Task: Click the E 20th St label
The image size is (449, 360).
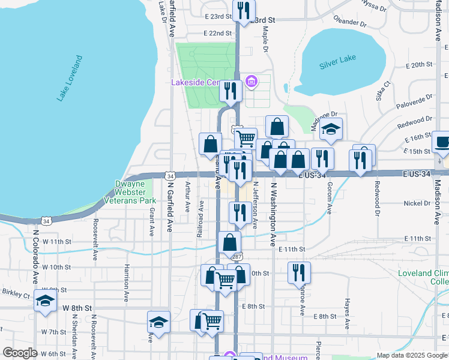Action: tap(419, 64)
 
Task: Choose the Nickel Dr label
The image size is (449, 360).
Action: tap(417, 203)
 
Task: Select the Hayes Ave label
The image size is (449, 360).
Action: tap(347, 314)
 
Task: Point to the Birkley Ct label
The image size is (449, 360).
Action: tap(16, 295)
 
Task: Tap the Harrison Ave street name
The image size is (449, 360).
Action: tap(127, 283)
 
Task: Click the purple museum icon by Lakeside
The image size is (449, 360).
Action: tap(252, 82)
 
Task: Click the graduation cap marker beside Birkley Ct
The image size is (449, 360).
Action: tap(44, 301)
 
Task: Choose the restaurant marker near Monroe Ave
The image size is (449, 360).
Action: tap(298, 273)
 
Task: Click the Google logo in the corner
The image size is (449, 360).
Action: tap(20, 353)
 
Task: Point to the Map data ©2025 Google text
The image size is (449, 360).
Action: tap(412, 355)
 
